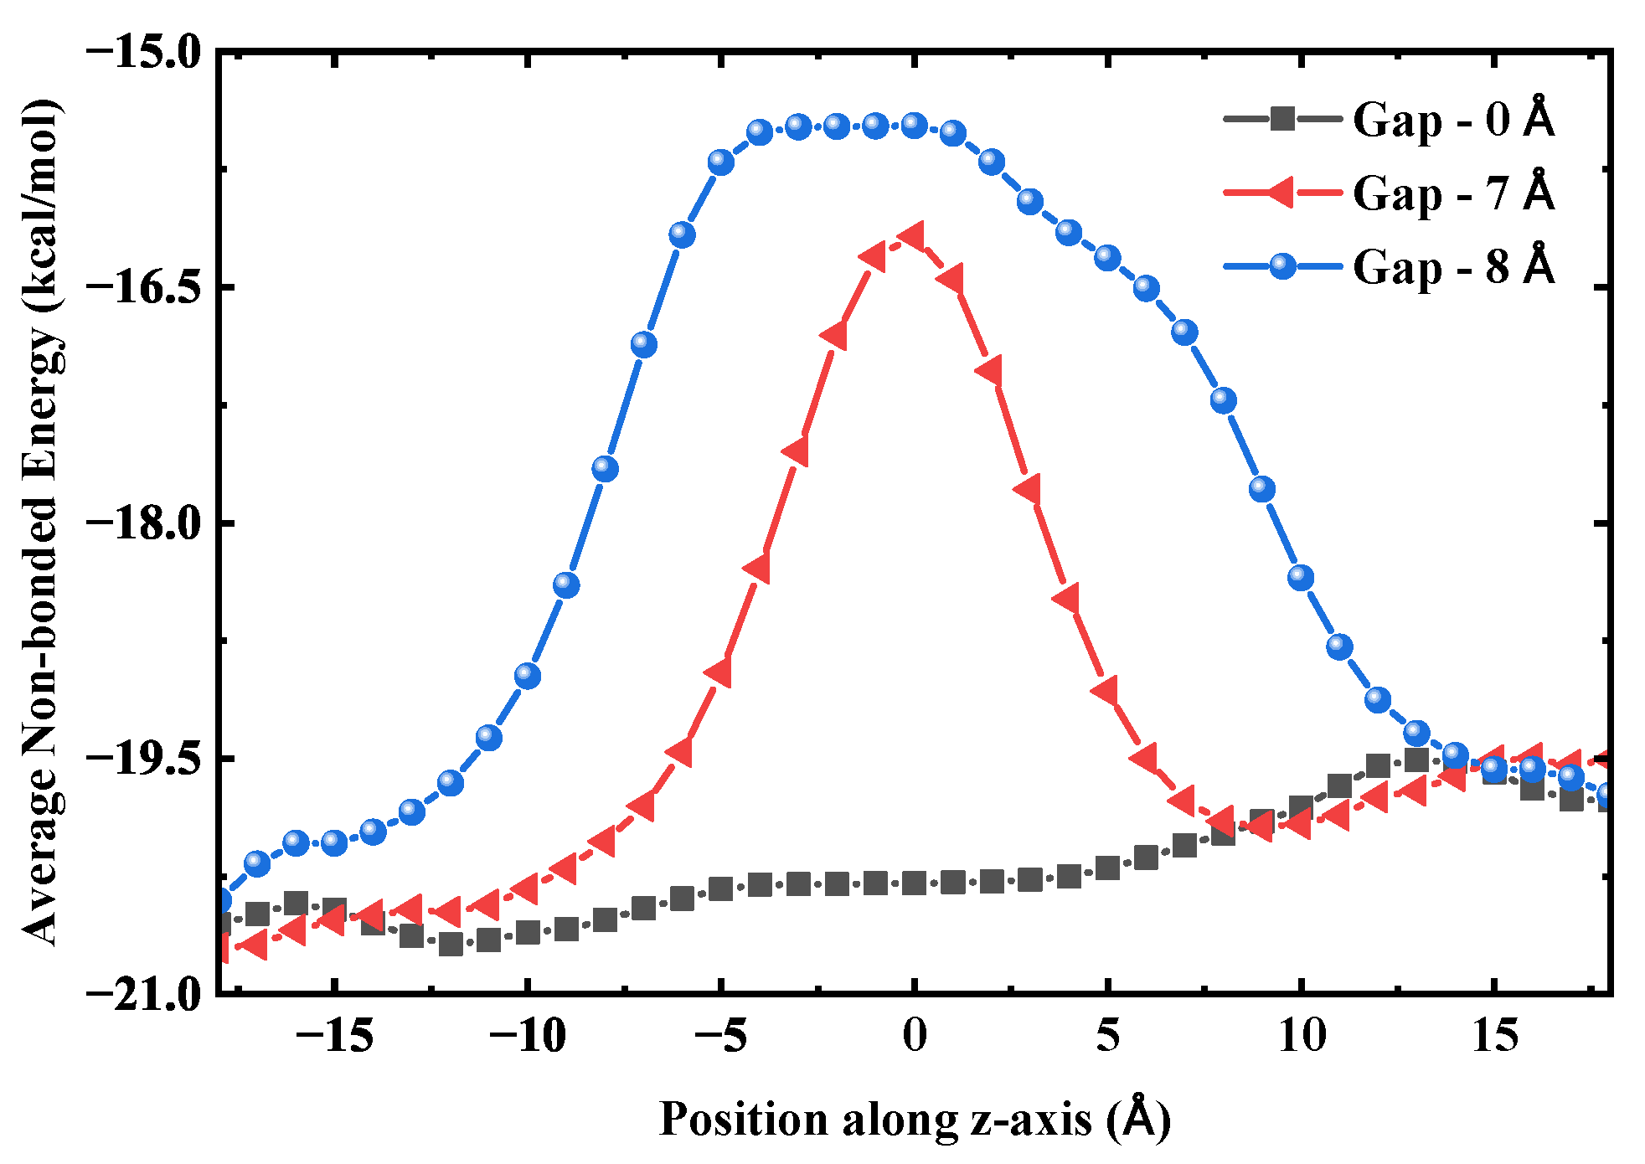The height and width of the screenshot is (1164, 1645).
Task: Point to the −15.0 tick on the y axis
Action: [144, 52]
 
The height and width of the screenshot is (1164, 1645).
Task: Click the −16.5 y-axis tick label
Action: [144, 287]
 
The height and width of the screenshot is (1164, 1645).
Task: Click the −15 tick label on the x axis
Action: [334, 1036]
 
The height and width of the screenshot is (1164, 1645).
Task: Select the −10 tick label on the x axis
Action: [528, 1036]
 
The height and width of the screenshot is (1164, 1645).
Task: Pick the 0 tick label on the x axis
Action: [915, 1036]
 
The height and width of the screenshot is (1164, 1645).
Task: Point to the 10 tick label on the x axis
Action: [1302, 1036]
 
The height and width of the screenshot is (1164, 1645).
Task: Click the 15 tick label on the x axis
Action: [1495, 1036]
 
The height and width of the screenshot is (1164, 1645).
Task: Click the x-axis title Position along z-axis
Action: [915, 1119]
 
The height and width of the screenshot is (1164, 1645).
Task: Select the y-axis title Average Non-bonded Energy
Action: [40, 522]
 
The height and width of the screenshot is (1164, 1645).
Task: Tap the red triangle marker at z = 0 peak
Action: [913, 237]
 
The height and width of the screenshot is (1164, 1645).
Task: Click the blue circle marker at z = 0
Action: [915, 126]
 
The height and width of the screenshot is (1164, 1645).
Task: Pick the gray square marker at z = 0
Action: [915, 883]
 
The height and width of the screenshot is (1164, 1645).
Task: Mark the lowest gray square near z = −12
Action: [451, 945]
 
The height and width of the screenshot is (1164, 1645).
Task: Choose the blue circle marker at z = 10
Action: [1301, 577]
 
